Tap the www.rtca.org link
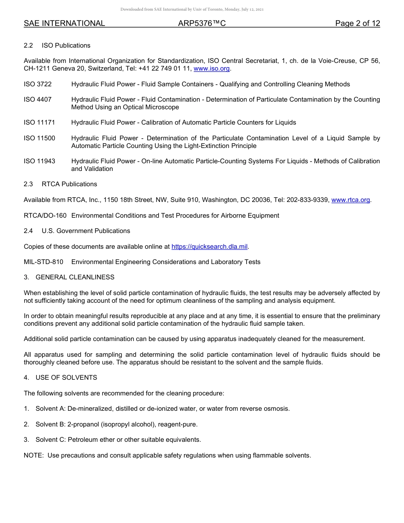[350, 200]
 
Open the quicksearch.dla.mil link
[209, 247]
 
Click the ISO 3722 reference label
[37, 84]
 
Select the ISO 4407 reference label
[37, 99]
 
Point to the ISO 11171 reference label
[39, 122]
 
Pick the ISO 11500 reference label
[39, 138]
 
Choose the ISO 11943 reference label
[39, 161]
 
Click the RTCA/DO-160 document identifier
[45, 216]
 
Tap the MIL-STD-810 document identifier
[43, 262]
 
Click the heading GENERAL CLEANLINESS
[75, 277]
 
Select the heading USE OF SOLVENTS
[66, 378]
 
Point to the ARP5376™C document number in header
[202, 24]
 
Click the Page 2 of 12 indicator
[357, 24]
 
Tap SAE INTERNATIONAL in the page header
[64, 24]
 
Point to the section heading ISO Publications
[66, 45]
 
